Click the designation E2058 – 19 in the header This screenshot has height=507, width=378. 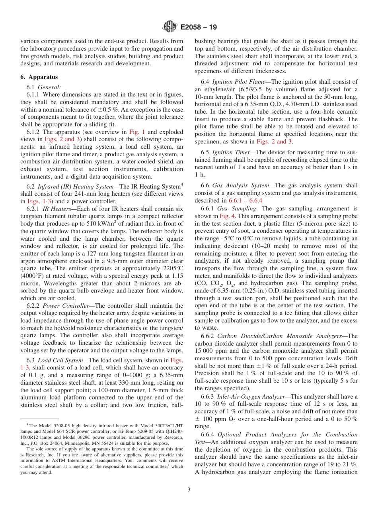tap(199, 28)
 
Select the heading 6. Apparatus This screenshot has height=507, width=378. tap(39, 77)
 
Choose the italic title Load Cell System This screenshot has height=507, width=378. tap(55, 360)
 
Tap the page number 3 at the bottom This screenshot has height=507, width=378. tap(189, 490)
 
